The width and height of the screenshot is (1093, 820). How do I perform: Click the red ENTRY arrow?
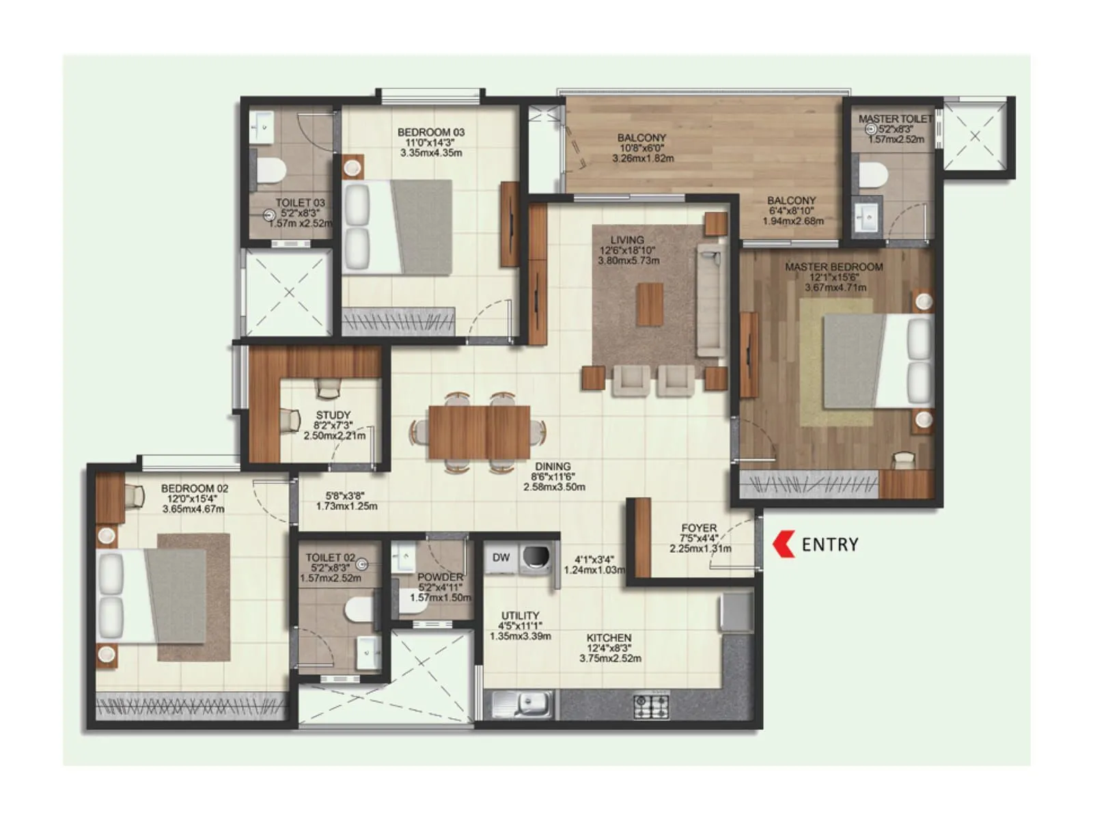coord(783,544)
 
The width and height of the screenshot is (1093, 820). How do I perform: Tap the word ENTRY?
coord(829,545)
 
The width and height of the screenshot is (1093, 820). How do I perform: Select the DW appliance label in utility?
coord(501,558)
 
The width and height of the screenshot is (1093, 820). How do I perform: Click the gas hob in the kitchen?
coord(651,706)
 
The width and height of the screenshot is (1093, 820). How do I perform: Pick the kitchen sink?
coord(529,703)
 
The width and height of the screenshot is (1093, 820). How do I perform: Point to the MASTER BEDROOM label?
coord(833,267)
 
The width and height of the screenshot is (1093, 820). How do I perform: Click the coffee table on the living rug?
coord(650,305)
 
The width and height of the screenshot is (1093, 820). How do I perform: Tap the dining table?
coord(479,432)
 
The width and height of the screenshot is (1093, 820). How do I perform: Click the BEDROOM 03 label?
coord(430,133)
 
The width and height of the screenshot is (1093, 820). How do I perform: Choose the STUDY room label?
coord(333,415)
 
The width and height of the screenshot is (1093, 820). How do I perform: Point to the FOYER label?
coord(699,528)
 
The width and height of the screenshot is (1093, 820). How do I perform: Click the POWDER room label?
coord(440,577)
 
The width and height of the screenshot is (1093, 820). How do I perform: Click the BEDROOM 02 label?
coord(195,489)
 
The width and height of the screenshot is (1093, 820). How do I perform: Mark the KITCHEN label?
coord(609,638)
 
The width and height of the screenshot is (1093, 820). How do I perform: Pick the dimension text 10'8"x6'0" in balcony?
coord(642,148)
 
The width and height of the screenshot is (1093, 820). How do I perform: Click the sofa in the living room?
coord(711,300)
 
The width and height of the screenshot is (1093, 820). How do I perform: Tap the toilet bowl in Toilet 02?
coord(359,610)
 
